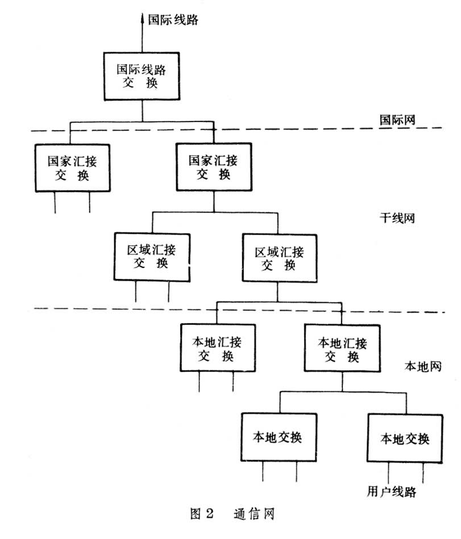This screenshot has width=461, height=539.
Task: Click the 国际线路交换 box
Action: [x=142, y=76]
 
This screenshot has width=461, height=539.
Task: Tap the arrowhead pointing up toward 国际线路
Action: [x=142, y=18]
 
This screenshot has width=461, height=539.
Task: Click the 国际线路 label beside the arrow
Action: [x=173, y=20]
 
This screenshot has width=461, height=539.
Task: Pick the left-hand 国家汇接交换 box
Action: [x=71, y=166]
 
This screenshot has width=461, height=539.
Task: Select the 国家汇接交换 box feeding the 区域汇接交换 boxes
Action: [x=213, y=166]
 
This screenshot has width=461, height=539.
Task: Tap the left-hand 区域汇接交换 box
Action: [x=151, y=256]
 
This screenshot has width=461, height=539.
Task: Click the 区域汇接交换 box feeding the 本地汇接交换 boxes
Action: [x=278, y=257]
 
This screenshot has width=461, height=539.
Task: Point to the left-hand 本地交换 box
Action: [x=277, y=437]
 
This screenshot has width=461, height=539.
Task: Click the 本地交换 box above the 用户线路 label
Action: [x=404, y=438]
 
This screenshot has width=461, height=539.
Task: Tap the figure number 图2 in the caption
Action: [x=201, y=515]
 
